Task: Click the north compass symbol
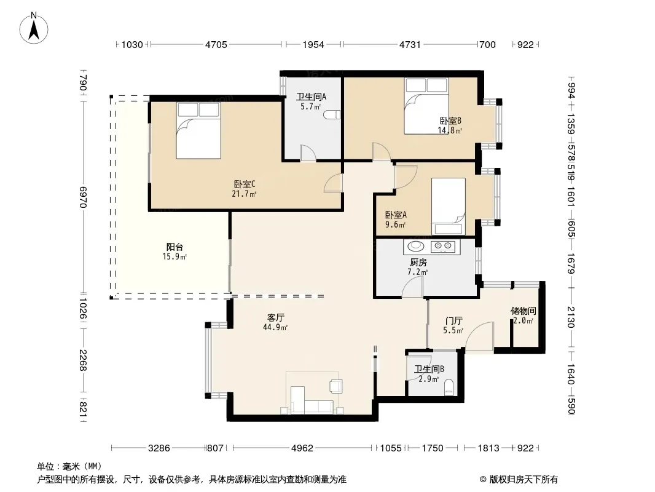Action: click(34, 28)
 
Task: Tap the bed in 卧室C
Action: click(198, 130)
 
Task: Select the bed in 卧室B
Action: click(426, 106)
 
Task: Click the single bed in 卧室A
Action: click(448, 207)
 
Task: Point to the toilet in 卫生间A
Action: click(334, 114)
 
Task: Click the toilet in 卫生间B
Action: click(449, 387)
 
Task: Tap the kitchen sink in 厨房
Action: click(415, 247)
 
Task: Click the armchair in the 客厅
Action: click(336, 386)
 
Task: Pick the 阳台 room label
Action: click(175, 247)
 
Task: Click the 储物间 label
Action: click(523, 311)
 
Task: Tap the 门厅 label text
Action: click(453, 321)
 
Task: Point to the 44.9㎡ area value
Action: click(275, 328)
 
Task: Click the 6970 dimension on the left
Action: click(83, 197)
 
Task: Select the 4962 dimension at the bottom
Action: click(302, 448)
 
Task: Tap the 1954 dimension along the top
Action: click(313, 44)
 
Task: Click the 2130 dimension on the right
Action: click(571, 317)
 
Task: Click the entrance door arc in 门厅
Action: click(479, 336)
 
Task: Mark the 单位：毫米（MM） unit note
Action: click(69, 467)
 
